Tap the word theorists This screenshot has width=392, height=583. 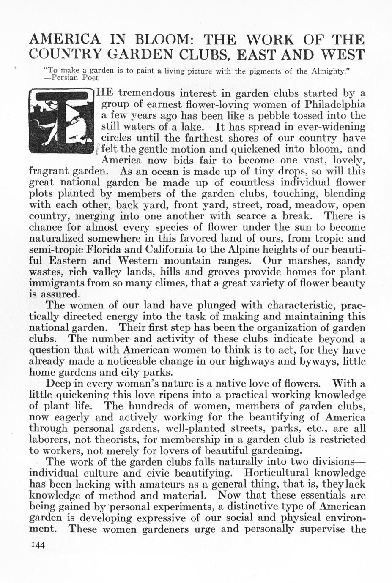coord(107,439)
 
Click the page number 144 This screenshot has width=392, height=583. coord(38,545)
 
